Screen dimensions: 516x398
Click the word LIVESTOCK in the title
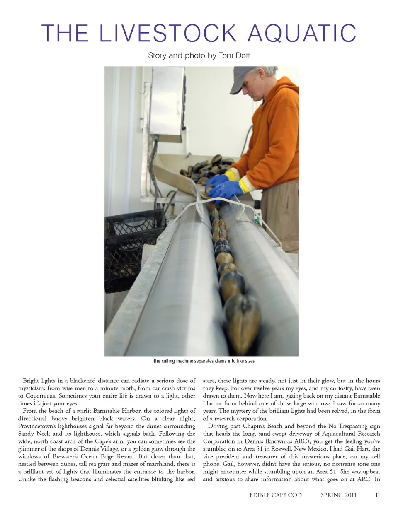168,34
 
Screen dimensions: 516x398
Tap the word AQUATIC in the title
302,34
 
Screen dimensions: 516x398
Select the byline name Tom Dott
234,55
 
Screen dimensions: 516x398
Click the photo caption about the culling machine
204,361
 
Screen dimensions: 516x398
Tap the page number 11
377,495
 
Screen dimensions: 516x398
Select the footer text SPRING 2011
338,495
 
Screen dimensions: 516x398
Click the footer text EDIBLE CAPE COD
276,495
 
